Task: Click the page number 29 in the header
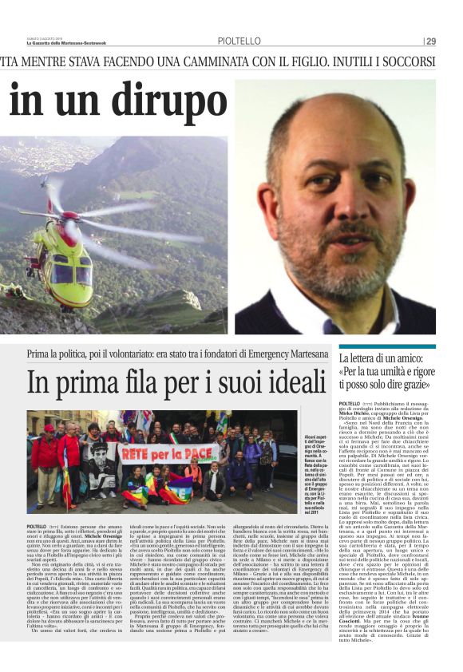click(430, 41)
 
